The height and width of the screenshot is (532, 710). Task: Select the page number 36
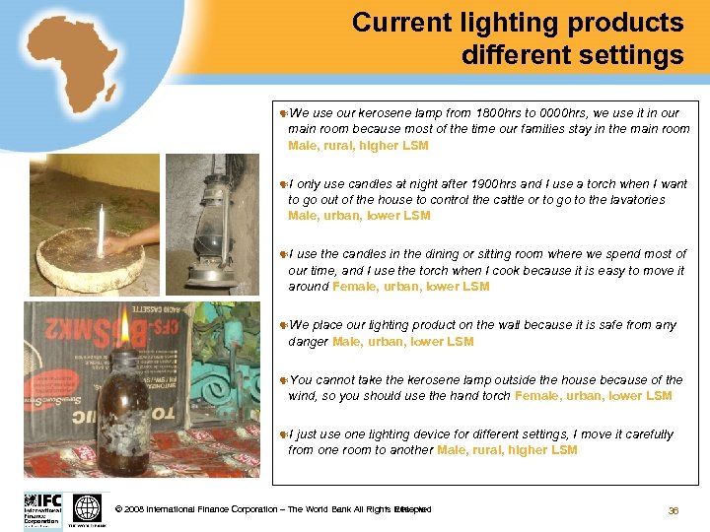[674, 509]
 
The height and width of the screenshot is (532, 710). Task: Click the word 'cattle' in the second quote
[519, 199]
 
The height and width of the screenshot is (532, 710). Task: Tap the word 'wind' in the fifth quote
[304, 396]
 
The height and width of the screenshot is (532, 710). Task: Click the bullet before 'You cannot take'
[283, 380]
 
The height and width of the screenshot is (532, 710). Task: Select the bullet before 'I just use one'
[283, 434]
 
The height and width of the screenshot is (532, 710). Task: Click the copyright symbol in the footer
[118, 509]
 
